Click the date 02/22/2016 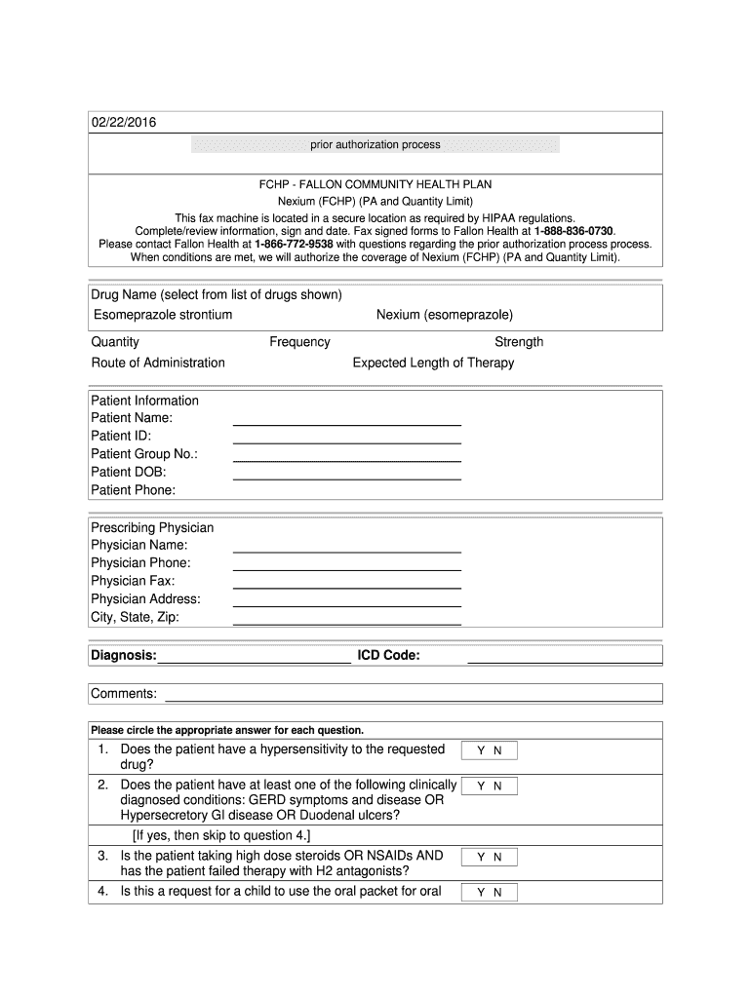pyautogui.click(x=124, y=123)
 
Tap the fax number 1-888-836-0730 pyautogui.click(x=574, y=230)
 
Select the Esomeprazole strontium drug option pyautogui.click(x=163, y=315)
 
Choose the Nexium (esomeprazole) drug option pyautogui.click(x=445, y=315)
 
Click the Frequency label pyautogui.click(x=299, y=342)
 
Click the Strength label pyautogui.click(x=519, y=342)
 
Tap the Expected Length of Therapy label pyautogui.click(x=433, y=363)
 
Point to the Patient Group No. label pyautogui.click(x=144, y=454)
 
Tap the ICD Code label pyautogui.click(x=388, y=656)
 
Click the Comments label pyautogui.click(x=124, y=693)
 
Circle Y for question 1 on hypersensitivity pyautogui.click(x=480, y=750)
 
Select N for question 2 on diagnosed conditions pyautogui.click(x=497, y=786)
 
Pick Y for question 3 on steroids pyautogui.click(x=480, y=857)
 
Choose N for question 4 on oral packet pyautogui.click(x=497, y=892)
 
